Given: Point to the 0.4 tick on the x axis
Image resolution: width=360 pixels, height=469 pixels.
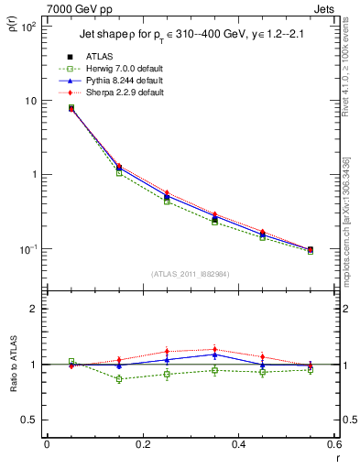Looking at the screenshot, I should [x=238, y=444].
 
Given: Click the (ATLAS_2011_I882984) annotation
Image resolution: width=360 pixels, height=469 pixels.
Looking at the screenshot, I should [x=191, y=274].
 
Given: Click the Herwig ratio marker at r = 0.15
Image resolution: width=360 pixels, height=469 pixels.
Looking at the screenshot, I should [x=119, y=379].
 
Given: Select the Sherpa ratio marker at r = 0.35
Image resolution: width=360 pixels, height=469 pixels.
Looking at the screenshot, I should [x=214, y=349].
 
